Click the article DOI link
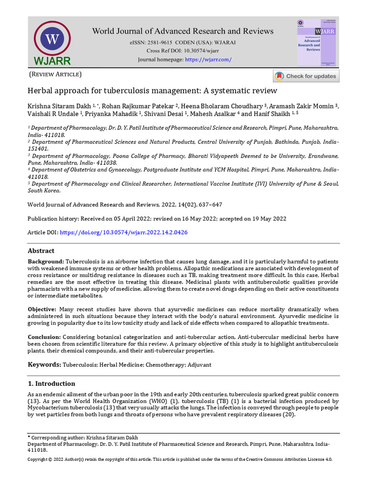point(123,232)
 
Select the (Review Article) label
point(55,74)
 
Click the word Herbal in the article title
point(40,90)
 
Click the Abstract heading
point(41,251)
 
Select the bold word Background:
point(45,262)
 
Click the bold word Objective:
point(42,309)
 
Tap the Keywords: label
point(44,364)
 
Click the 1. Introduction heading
point(51,383)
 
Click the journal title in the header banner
point(183,31)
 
